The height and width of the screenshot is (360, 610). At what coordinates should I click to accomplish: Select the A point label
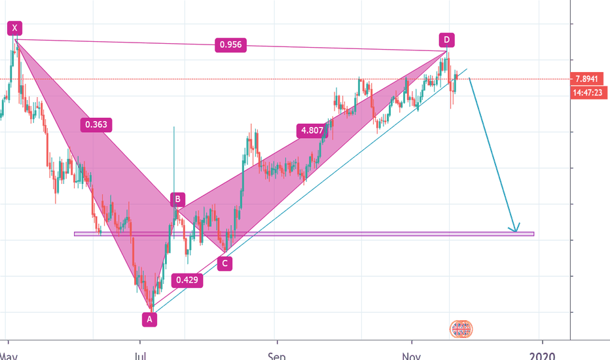pyautogui.click(x=150, y=319)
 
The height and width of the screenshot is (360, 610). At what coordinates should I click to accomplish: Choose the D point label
pyautogui.click(x=447, y=39)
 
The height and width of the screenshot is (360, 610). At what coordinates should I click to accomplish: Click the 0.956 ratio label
pyautogui.click(x=229, y=45)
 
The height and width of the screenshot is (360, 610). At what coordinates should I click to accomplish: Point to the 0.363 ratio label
pyautogui.click(x=96, y=124)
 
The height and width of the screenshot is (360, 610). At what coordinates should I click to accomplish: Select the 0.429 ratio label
pyautogui.click(x=187, y=280)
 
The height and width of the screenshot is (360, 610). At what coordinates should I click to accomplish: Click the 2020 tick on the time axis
pyautogui.click(x=541, y=355)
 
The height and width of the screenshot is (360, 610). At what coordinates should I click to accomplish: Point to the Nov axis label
pyautogui.click(x=411, y=355)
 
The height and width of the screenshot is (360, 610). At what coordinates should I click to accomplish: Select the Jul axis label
pyautogui.click(x=139, y=355)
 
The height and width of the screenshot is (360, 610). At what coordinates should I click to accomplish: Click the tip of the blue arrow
pyautogui.click(x=516, y=231)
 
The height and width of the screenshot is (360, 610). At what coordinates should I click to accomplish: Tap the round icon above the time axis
pyautogui.click(x=461, y=329)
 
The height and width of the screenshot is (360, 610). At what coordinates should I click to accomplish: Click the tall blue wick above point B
pyautogui.click(x=174, y=157)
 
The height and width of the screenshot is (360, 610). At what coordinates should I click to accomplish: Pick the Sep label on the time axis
pyautogui.click(x=277, y=355)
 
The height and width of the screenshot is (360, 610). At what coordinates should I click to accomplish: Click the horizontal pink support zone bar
pyautogui.click(x=304, y=234)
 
